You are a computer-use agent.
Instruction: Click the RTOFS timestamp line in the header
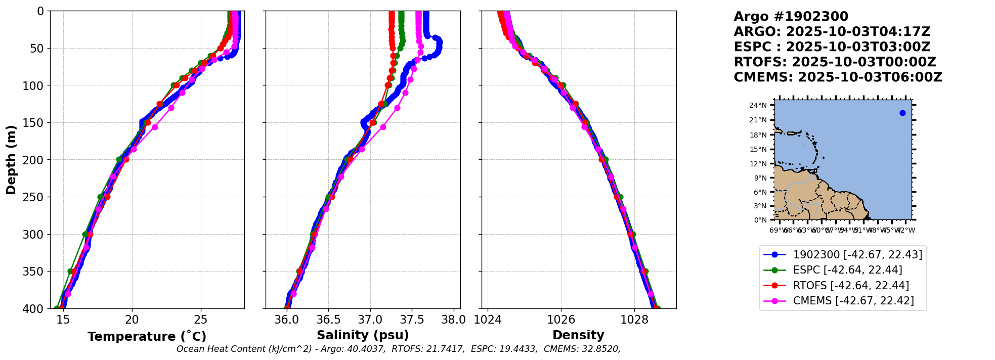tap(835, 62)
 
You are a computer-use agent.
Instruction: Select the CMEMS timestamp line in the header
tap(838, 77)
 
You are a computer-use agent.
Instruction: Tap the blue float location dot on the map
tap(902, 113)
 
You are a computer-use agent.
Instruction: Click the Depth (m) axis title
tap(11, 160)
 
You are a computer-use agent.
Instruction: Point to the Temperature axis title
tap(147, 336)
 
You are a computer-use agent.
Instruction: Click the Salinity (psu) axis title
tap(363, 335)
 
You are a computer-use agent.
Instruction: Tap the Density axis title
tap(578, 335)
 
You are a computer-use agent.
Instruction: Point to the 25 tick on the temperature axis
tap(201, 320)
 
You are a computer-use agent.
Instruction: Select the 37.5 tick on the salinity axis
tap(412, 320)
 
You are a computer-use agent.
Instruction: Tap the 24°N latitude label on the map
tap(758, 105)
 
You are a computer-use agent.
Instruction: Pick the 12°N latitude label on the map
tap(758, 164)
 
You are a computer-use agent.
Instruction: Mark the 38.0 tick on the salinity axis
tap(453, 320)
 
